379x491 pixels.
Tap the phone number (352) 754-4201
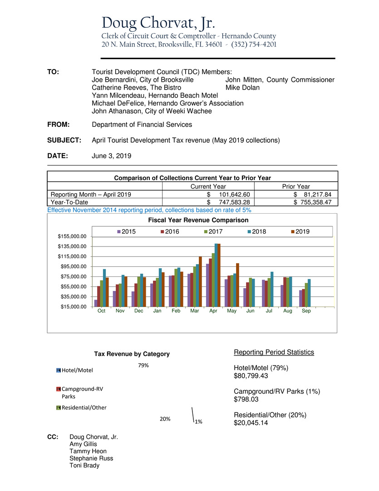coord(254,45)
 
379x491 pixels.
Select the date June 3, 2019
coord(112,155)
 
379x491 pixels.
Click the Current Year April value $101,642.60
coord(228,194)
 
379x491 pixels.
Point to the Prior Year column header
coord(295,186)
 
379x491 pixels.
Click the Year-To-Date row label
coord(69,202)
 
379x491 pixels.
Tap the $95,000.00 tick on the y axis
coord(74,266)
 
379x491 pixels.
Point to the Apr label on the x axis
coord(212,311)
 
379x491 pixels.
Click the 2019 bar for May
coord(237,285)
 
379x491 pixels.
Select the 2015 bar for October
coord(96,303)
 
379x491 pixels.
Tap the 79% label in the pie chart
coord(143,366)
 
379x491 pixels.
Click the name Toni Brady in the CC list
coord(84,465)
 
